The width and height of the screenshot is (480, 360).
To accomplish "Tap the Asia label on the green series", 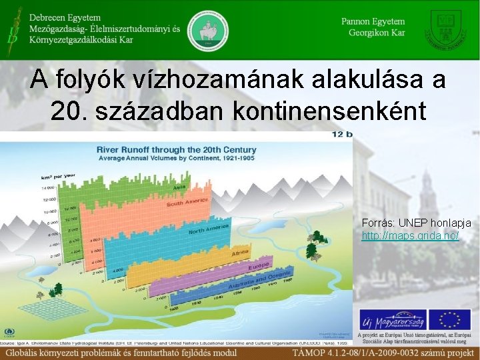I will [178, 187].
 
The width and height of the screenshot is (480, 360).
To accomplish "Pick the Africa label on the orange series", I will [240, 254].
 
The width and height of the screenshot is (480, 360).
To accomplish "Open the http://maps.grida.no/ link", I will [410, 237].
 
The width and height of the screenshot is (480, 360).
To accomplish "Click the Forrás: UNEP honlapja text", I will [416, 223].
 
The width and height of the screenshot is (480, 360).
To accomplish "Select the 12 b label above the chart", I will [343, 134].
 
